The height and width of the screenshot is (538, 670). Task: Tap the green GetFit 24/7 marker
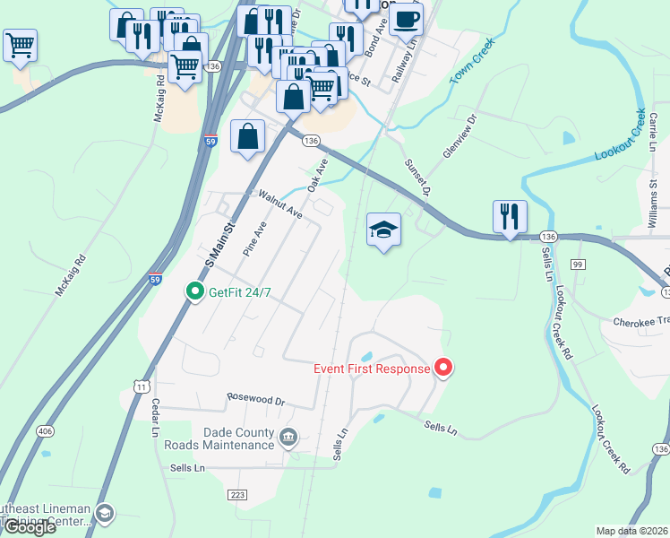point(193,291)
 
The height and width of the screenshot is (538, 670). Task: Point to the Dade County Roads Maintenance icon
point(288,438)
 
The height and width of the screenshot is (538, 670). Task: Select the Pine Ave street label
point(255,239)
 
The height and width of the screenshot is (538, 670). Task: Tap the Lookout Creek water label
point(621,135)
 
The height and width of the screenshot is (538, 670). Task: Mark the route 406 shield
point(45,431)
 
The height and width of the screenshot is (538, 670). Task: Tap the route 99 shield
point(578,264)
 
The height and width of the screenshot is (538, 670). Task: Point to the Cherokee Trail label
point(641,321)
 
